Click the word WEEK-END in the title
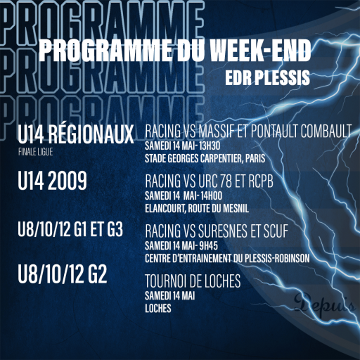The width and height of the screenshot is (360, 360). tap(260, 51)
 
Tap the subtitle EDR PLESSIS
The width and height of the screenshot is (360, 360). tap(267, 77)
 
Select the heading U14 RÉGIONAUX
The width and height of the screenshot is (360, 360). tap(75, 134)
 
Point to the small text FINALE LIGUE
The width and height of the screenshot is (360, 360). tap(36, 152)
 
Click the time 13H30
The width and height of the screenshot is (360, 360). tap(210, 146)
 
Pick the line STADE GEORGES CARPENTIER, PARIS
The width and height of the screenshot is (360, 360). tap(205, 158)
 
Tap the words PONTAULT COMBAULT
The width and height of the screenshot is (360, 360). tap(301, 131)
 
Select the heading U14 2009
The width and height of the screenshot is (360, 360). tap(52, 181)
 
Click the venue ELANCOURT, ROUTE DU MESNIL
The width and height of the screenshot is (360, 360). tap(197, 208)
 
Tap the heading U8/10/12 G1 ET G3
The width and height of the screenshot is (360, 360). tap(70, 229)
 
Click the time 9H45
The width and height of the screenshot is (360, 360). tap(208, 246)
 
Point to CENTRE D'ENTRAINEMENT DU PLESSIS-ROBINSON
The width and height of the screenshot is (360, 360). tap(227, 258)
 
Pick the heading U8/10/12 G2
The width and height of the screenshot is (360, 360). tap(63, 275)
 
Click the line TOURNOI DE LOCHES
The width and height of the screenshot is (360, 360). tap(193, 281)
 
